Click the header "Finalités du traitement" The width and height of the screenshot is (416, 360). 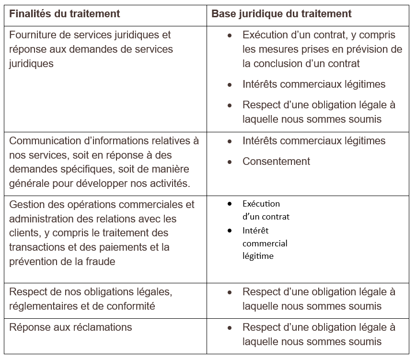(64, 14)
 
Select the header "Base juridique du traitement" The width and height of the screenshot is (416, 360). (281, 14)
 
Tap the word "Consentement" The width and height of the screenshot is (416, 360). (276, 162)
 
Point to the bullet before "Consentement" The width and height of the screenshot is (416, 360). (230, 162)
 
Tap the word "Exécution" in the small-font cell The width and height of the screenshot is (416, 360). (261, 204)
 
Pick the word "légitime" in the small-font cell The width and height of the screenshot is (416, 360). (258, 256)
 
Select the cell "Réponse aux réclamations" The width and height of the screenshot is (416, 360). (70, 328)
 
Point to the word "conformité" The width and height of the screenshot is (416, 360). (131, 306)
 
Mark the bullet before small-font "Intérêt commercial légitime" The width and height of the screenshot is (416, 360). (230, 231)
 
